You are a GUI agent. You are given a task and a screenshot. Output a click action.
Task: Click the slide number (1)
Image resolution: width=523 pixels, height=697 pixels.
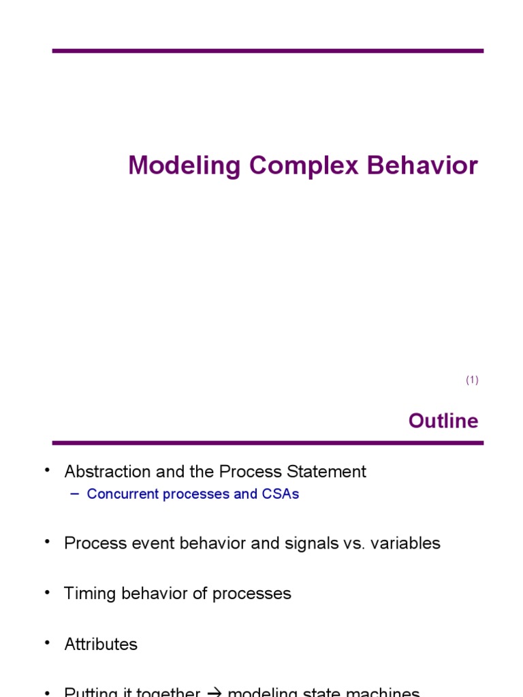[x=473, y=380]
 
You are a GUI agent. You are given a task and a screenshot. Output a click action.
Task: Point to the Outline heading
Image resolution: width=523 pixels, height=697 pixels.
[x=443, y=421]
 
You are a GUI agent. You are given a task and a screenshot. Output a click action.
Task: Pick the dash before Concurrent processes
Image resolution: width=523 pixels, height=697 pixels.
[x=74, y=493]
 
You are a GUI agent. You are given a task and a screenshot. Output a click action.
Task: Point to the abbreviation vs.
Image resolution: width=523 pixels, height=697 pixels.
[x=358, y=543]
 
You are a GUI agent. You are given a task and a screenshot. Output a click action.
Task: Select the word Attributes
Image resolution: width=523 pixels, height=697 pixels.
[x=101, y=644]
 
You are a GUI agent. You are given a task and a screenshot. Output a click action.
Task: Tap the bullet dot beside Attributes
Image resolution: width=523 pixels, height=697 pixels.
[x=48, y=641]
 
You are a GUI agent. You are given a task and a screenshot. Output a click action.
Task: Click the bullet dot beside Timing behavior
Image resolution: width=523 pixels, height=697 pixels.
[x=48, y=591]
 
